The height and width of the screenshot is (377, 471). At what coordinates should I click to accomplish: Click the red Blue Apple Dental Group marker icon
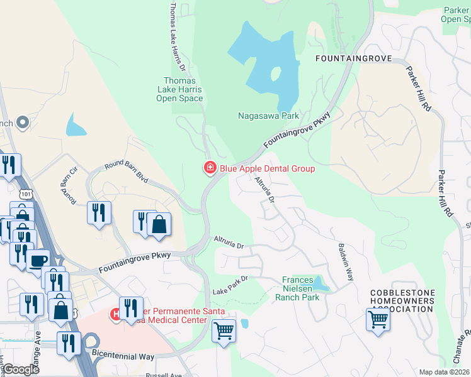pos(209,168)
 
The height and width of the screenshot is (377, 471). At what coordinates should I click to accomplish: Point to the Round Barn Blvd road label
pos(127,170)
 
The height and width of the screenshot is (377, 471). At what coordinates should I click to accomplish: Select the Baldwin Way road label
pos(346,261)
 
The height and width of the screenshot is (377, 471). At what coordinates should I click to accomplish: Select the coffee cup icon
pos(37,260)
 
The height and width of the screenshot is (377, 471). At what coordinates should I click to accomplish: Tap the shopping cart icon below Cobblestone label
pos(378,319)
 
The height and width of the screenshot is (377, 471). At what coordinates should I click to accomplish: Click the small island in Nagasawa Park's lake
pos(275,74)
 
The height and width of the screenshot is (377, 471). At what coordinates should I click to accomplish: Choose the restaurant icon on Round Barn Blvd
pos(99,212)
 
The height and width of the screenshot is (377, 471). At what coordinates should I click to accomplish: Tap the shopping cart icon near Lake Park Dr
pos(224,331)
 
